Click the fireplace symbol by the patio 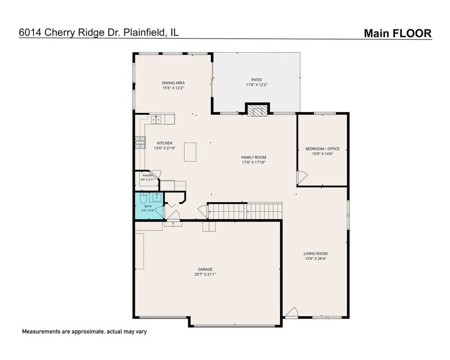point(257,111)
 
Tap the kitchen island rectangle point(190,152)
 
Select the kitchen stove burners point(140,142)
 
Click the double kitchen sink point(156,119)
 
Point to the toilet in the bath point(143,198)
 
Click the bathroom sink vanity point(157,197)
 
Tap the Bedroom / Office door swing point(302,177)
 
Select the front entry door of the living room point(292,313)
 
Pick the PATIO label point(257,80)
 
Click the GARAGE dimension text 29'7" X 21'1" point(205,274)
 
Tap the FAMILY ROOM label point(254,157)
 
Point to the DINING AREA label point(173,83)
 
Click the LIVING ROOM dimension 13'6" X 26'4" point(316,258)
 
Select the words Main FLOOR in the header point(398,33)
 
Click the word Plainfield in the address point(145,32)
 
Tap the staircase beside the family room point(245,211)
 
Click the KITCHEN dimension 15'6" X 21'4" point(165,148)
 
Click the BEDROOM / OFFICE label point(323,149)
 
